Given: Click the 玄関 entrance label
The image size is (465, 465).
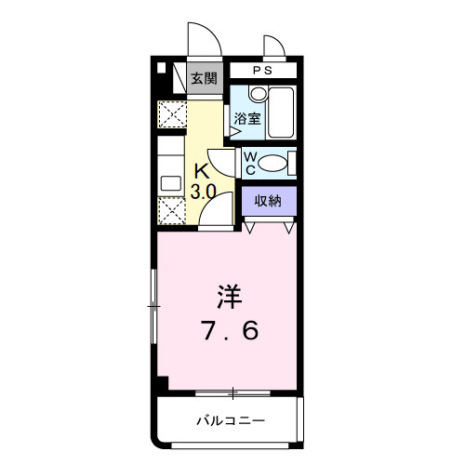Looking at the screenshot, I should pyautogui.click(x=204, y=79).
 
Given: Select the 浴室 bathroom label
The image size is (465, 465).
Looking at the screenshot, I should pyautogui.click(x=246, y=118).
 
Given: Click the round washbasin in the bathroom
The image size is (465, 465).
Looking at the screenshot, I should pyautogui.click(x=257, y=94).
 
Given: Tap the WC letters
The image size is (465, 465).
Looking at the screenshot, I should pyautogui.click(x=250, y=164).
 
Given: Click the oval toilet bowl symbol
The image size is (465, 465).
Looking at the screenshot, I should pyautogui.click(x=272, y=164).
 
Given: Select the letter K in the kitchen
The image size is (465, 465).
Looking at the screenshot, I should pyautogui.click(x=202, y=170).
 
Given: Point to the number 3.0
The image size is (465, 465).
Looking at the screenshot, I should pyautogui.click(x=204, y=192).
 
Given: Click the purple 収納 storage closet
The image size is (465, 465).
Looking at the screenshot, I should pyautogui.click(x=269, y=201).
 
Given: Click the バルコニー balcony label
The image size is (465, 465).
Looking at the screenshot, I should pyautogui.click(x=230, y=421).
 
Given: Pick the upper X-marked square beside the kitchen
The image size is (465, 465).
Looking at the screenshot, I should pyautogui.click(x=170, y=116).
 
